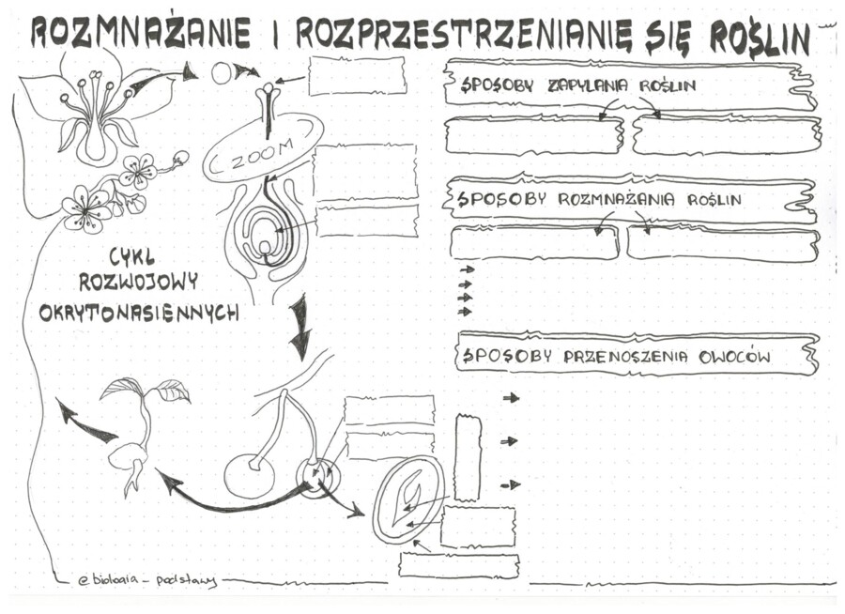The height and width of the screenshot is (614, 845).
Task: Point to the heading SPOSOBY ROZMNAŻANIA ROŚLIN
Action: click(597, 199)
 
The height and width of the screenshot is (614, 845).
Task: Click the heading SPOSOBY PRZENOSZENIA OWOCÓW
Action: click(615, 357)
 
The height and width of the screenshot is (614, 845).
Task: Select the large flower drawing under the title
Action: click(94, 103)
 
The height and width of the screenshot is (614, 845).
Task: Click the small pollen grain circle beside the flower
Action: click(221, 72)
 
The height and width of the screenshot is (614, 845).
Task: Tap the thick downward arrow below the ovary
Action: click(300, 329)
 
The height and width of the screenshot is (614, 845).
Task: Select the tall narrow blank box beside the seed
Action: click(468, 457)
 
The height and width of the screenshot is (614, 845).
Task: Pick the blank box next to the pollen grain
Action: click(357, 75)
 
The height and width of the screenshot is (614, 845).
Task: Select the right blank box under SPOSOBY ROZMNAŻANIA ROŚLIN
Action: click(723, 243)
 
